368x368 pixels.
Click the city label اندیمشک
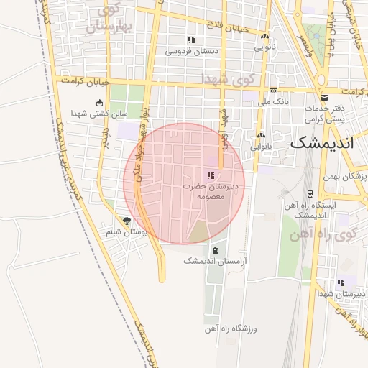click(x=321, y=142)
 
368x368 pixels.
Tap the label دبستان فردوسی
click(x=192, y=52)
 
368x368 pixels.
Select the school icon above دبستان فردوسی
click(x=191, y=40)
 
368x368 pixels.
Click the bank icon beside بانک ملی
click(x=274, y=91)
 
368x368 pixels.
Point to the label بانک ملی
click(x=275, y=102)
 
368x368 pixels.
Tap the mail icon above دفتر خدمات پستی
click(x=324, y=97)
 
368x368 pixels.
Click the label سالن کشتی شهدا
click(x=99, y=114)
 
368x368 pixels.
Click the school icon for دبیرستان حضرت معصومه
click(x=210, y=175)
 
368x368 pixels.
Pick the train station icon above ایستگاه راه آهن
click(x=309, y=194)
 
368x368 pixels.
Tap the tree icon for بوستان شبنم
click(x=127, y=221)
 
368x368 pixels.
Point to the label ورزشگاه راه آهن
click(x=233, y=328)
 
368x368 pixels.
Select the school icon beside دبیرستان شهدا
click(x=341, y=282)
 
